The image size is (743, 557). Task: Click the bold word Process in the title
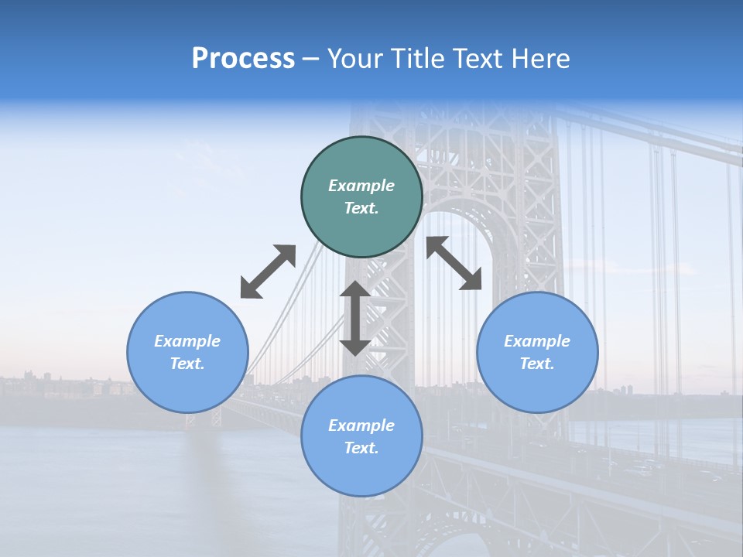[243, 59]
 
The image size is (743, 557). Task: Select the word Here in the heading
[539, 59]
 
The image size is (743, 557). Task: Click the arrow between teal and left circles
[268, 272]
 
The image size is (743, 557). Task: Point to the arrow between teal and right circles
[454, 263]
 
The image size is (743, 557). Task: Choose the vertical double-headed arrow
[355, 318]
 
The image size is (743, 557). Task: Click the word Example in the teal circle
[361, 186]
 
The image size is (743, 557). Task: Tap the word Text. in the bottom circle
[361, 448]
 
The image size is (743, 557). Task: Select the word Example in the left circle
[187, 341]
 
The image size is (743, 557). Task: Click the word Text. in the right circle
[537, 364]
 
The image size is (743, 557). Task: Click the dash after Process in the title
[310, 60]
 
